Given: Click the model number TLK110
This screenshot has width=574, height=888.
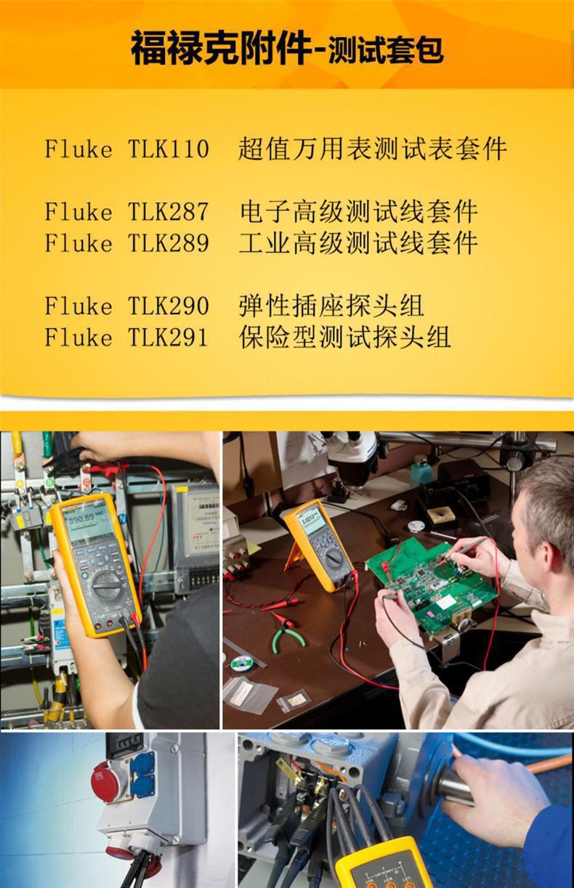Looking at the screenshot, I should (169, 150).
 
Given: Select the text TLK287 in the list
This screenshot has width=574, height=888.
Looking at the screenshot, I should (169, 212).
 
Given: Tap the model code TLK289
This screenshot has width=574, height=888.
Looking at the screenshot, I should (169, 243).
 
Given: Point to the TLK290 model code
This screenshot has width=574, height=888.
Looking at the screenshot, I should (169, 306).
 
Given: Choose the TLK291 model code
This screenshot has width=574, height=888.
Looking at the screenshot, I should (169, 337).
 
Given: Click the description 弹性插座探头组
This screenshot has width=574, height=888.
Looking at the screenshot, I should (331, 306).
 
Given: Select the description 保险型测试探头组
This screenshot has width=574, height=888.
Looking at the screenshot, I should (345, 337).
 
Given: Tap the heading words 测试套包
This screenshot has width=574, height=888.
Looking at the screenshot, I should (385, 51).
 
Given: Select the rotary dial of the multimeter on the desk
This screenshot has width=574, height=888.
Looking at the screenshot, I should (333, 558).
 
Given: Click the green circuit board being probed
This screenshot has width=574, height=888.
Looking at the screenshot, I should (429, 581).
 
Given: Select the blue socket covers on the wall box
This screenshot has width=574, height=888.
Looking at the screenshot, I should (142, 773).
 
